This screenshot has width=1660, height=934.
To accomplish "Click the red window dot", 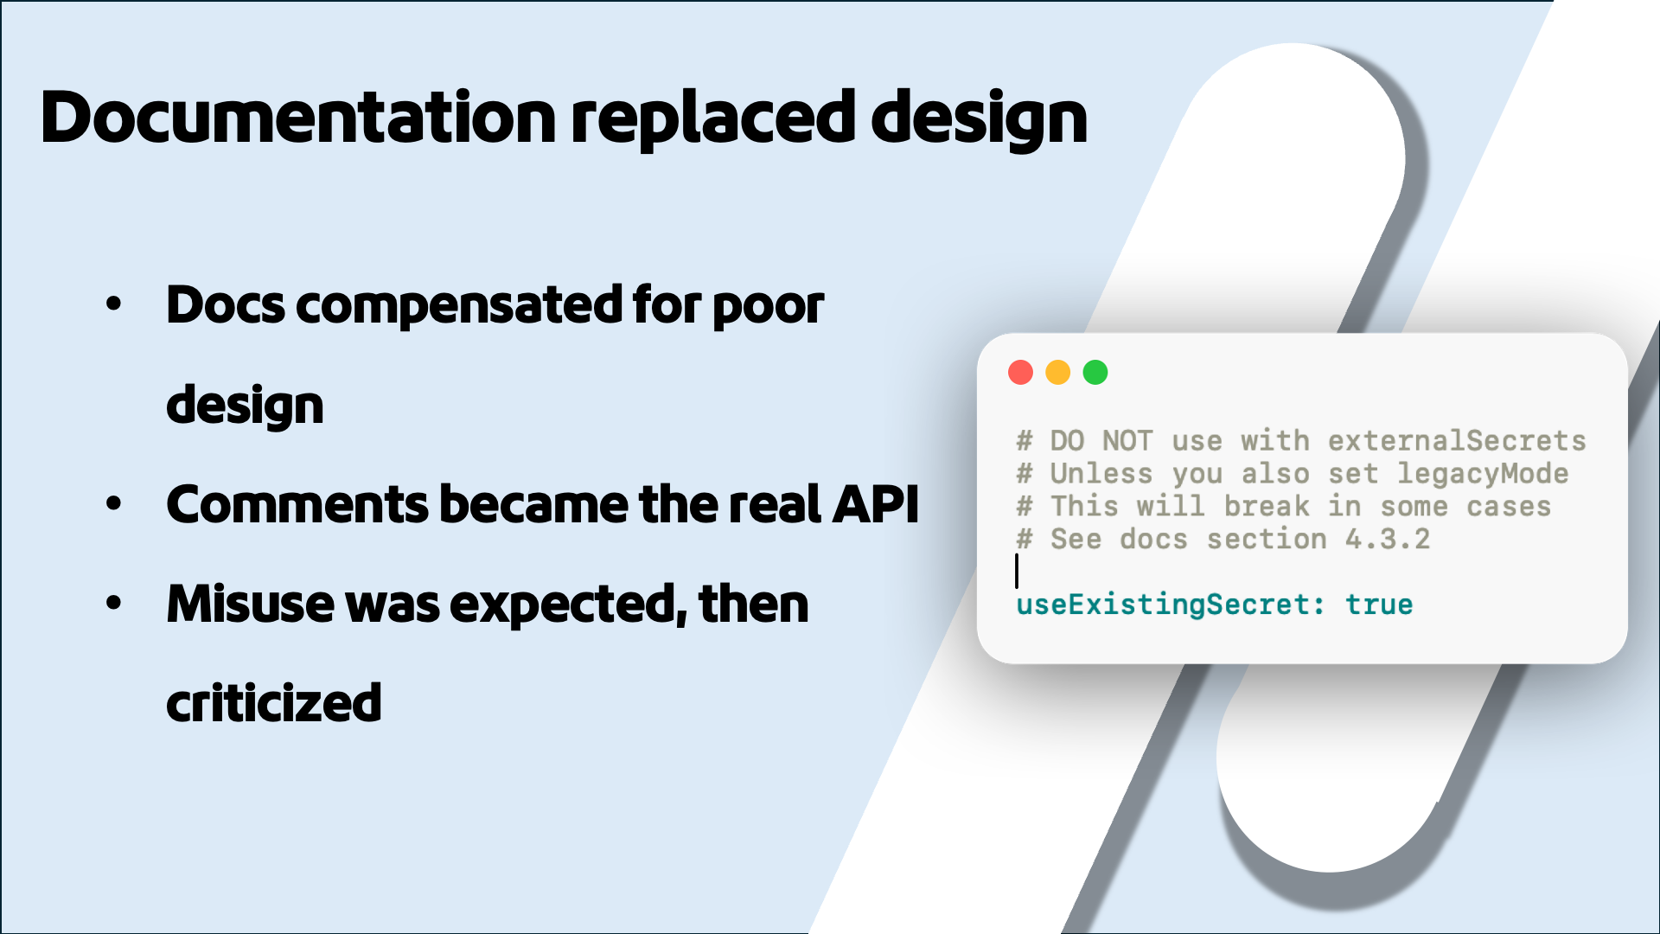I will coord(1020,372).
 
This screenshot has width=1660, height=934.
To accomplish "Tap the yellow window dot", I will coord(1057,372).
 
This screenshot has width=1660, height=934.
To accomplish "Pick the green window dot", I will coord(1095,372).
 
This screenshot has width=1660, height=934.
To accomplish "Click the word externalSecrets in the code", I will coord(1457,441).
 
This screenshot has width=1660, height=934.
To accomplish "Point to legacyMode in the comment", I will coord(1483,474).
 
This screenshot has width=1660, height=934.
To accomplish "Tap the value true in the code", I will coord(1379,605).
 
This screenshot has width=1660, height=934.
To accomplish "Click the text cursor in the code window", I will coord(1017,572).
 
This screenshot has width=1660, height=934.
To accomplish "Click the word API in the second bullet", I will coord(874,504).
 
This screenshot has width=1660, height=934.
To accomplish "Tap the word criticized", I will coord(273,703).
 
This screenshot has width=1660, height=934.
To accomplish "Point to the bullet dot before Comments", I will coord(113,503).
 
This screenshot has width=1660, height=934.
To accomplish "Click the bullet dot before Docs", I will coord(113,304).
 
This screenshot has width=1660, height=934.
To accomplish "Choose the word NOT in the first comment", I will coord(1127,441).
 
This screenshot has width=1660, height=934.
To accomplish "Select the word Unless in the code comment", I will coord(1101,474).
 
